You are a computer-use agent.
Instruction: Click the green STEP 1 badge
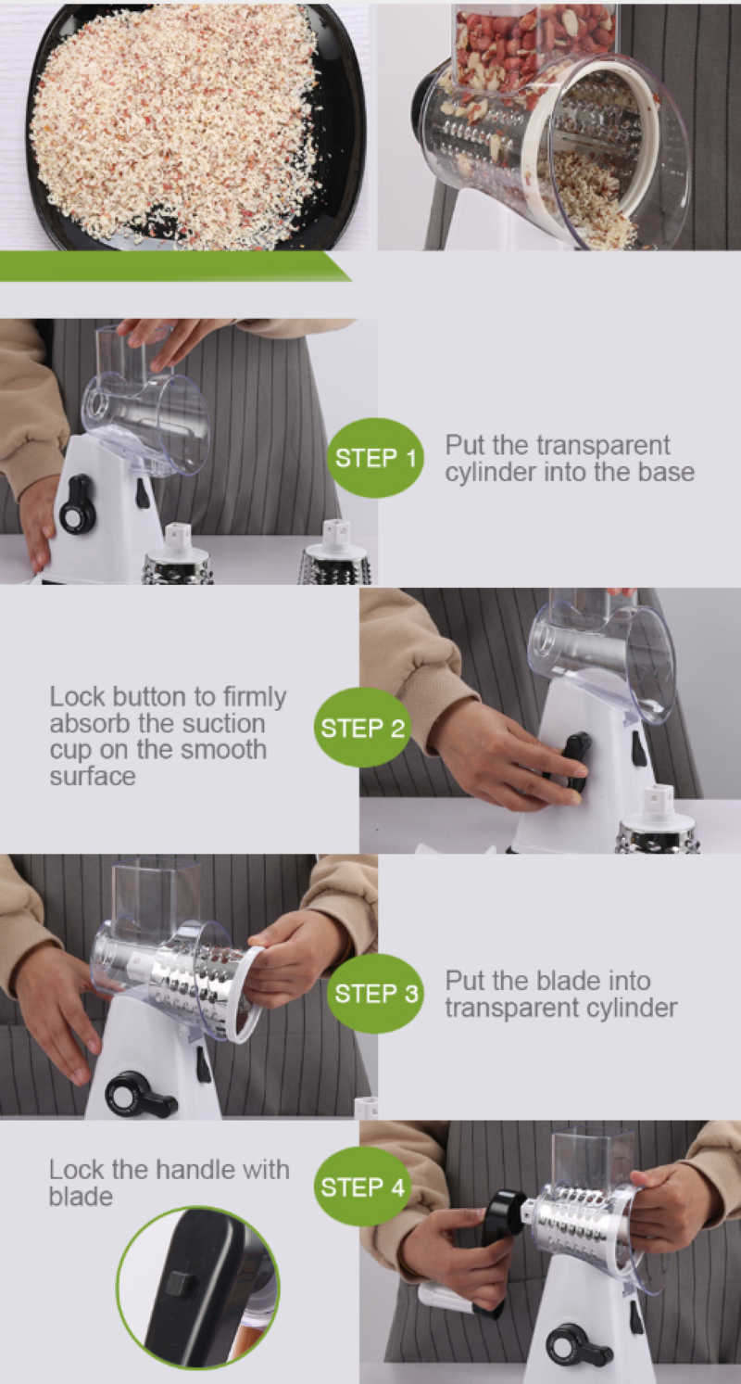click(375, 458)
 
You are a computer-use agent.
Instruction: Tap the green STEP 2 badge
click(362, 727)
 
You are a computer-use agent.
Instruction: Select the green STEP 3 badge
click(375, 994)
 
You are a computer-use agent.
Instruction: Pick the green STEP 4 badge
click(362, 1187)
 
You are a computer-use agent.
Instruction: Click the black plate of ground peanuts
click(185, 127)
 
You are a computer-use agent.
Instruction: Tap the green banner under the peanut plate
click(175, 266)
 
